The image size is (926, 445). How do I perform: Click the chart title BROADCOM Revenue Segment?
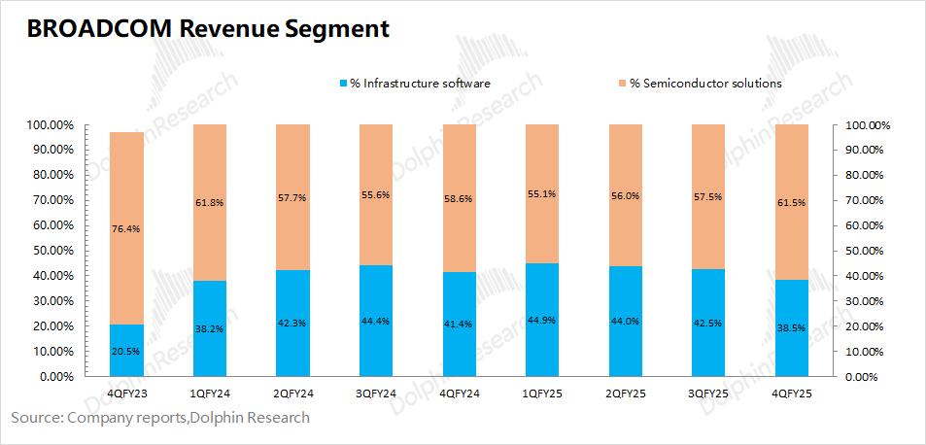click(x=208, y=29)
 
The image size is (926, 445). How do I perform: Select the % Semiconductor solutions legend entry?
click(x=705, y=83)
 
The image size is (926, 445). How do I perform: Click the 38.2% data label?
click(x=210, y=328)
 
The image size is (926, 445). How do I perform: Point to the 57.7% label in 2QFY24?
click(x=292, y=197)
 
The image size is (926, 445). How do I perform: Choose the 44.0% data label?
click(x=625, y=321)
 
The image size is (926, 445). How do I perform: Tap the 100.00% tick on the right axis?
click(x=868, y=125)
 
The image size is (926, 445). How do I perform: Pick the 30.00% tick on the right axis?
click(x=865, y=301)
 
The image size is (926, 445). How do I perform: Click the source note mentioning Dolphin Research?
click(x=160, y=418)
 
